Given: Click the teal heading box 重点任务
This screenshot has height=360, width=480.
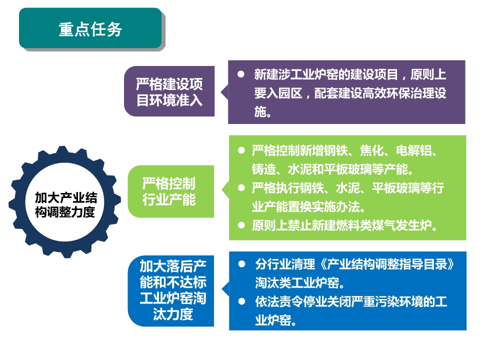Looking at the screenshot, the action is (90, 28).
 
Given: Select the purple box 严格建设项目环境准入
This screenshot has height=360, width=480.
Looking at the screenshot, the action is (169, 91).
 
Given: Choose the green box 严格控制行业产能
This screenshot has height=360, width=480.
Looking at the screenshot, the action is (171, 191).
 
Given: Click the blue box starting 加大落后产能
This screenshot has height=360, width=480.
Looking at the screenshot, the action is (171, 290).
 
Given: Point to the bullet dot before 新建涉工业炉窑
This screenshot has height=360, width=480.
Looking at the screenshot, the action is (241, 74).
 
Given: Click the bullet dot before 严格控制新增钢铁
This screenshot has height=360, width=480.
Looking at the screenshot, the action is (241, 150).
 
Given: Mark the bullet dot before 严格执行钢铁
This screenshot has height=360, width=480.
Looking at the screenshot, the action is (241, 187).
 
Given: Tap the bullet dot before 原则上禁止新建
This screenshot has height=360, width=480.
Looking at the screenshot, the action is (241, 225).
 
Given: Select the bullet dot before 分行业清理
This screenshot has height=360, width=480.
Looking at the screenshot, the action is (242, 264).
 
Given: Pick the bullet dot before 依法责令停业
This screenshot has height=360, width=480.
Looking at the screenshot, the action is (242, 301).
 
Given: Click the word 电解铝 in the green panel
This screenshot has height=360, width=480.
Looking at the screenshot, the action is (413, 150).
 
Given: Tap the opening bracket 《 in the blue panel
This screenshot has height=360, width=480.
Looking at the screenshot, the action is (321, 264).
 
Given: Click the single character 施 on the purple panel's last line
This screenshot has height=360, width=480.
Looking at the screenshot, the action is (260, 111).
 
